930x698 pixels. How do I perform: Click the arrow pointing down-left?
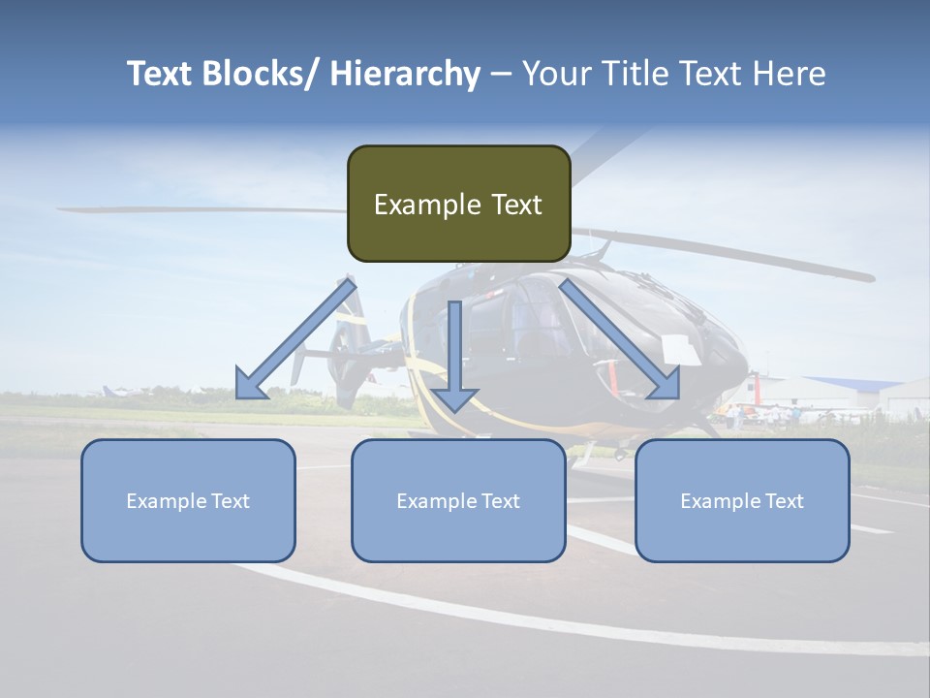[295, 339]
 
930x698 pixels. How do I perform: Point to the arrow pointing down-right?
[620, 339]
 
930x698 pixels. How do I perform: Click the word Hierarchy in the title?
[405, 74]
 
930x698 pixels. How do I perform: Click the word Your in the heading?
[556, 74]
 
